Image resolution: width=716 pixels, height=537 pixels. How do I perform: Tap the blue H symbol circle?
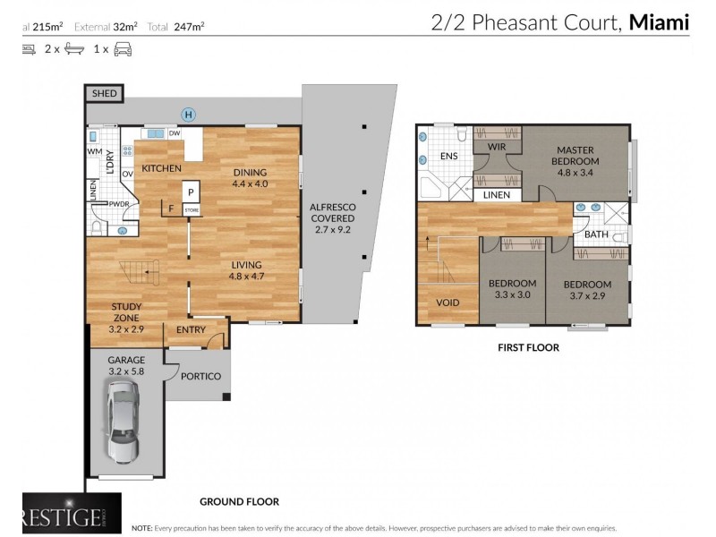[188, 114]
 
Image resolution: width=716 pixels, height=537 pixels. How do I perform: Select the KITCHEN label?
[161, 168]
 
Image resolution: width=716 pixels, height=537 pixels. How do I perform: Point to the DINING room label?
[251, 173]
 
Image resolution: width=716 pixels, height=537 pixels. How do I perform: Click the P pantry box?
[191, 192]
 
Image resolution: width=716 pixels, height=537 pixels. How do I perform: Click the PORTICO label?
[200, 376]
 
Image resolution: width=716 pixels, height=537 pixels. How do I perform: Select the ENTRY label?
[191, 330]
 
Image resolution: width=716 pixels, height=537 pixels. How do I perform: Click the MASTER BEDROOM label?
[576, 155]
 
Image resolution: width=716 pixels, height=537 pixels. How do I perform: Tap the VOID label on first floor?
[447, 303]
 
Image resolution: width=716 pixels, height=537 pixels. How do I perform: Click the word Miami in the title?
[660, 22]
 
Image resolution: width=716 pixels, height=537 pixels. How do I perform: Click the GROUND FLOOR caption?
[239, 502]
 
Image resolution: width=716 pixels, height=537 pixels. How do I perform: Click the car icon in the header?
[122, 49]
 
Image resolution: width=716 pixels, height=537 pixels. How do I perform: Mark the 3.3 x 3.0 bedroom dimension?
[510, 294]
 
